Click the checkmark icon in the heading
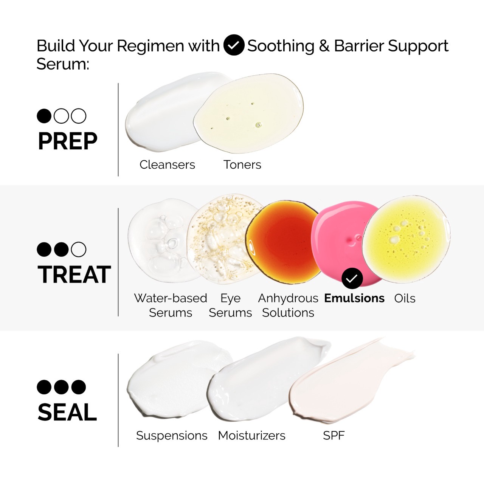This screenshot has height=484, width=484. pos(234,45)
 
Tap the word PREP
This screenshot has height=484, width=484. pos(68,141)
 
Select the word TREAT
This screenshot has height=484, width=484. pos(74,275)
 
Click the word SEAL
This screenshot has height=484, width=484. pos(67,412)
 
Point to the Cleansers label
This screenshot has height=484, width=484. pos(167,164)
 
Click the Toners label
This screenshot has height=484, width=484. pos(242,164)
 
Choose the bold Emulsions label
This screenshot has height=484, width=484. pos(354,298)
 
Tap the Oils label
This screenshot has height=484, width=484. pos(405,298)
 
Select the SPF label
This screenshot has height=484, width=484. pos(334,435)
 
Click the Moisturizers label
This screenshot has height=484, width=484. pos(251,435)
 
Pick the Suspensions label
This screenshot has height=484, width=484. pos(172,435)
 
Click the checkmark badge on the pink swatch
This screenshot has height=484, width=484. pos(352,279)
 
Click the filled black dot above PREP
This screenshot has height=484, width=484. pos(44,116)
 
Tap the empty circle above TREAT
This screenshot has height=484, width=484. pos(79,249)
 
